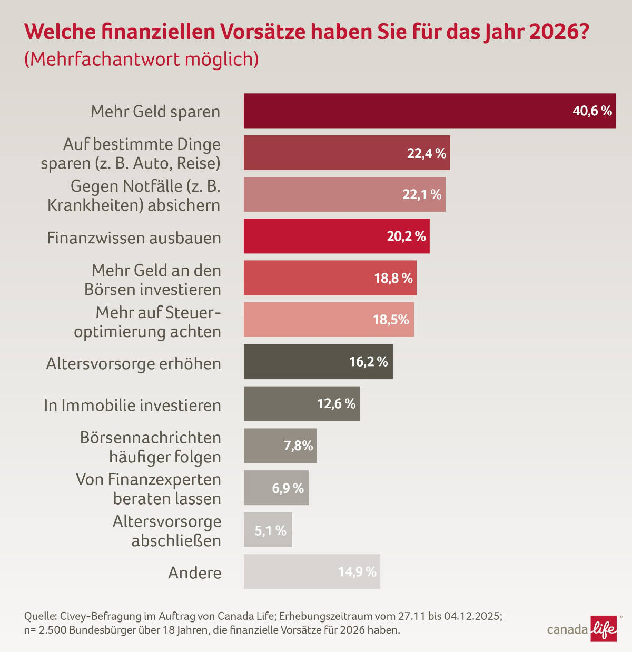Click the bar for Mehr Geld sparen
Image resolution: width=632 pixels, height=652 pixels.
tap(429, 111)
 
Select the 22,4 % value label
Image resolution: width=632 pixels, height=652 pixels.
tap(426, 153)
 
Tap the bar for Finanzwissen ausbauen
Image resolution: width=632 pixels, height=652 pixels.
tap(336, 236)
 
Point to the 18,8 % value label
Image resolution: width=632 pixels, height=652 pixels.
tap(393, 278)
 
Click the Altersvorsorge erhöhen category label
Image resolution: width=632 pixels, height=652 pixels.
tap(133, 364)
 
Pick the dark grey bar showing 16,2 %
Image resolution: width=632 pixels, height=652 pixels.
tap(318, 362)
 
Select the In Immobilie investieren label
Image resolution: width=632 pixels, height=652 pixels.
tap(132, 406)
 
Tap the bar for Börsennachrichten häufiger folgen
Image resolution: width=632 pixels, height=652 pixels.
tap(280, 446)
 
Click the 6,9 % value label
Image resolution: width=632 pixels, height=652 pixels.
tap(288, 488)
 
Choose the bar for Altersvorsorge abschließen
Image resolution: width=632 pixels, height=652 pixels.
tap(268, 530)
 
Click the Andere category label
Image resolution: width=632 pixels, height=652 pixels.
tap(194, 572)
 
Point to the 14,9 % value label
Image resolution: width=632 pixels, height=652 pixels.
tap(357, 572)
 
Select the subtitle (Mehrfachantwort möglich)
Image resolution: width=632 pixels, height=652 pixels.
tap(141, 59)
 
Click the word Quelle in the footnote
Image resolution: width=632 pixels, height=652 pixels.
tap(40, 616)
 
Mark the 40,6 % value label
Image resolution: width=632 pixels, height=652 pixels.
tap(592, 111)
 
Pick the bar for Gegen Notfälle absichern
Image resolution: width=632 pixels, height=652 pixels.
tap(344, 194)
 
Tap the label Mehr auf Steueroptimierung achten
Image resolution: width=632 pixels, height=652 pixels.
tap(147, 322)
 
